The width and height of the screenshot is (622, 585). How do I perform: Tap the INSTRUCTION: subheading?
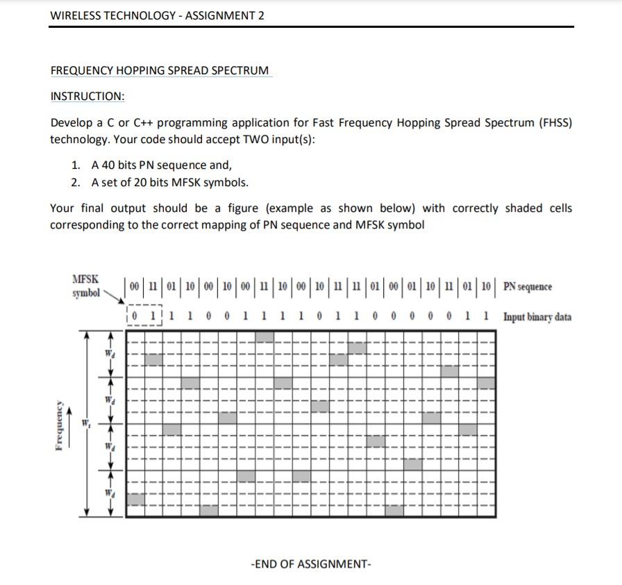[87, 96]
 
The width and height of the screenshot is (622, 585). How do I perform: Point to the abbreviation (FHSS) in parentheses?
[555, 122]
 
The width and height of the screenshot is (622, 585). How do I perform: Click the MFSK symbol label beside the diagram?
[85, 286]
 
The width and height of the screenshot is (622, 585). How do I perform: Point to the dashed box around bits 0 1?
[144, 317]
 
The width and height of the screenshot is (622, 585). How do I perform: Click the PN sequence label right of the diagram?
[528, 287]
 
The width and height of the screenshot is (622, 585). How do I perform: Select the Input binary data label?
[537, 318]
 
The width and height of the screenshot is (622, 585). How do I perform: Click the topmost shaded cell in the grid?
[264, 337]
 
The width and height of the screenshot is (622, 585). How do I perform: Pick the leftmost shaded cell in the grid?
[136, 499]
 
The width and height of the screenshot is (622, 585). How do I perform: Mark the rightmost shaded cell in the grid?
[487, 383]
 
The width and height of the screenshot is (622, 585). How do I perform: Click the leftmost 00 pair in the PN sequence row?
[135, 287]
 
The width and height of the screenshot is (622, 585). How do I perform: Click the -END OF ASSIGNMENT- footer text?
[311, 563]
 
